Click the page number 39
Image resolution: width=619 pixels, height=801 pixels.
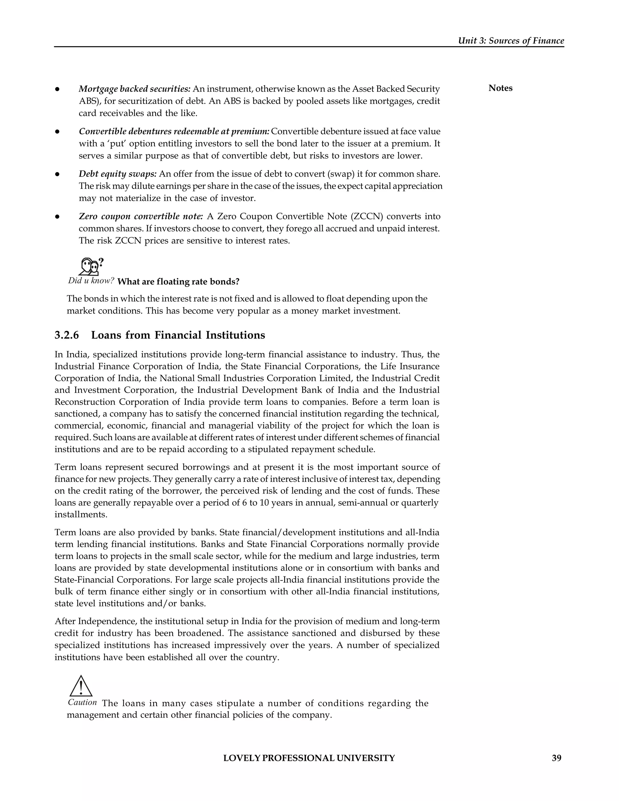(556, 758)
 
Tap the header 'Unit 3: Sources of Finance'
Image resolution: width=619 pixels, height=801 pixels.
(511, 41)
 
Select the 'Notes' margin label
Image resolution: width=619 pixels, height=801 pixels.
(500, 88)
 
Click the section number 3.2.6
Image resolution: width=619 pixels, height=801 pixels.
(67, 335)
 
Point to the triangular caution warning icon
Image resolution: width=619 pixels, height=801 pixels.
(81, 686)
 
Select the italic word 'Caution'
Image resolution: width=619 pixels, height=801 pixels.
(83, 702)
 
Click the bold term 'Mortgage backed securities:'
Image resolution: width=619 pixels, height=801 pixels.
(134, 89)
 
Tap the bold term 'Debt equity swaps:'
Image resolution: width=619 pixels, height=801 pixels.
(118, 174)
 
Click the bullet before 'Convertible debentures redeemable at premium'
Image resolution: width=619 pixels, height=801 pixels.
(57, 131)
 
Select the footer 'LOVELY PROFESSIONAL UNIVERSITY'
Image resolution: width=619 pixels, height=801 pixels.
(309, 758)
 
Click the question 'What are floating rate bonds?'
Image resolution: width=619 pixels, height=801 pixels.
(178, 282)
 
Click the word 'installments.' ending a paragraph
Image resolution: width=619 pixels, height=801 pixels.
(81, 514)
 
